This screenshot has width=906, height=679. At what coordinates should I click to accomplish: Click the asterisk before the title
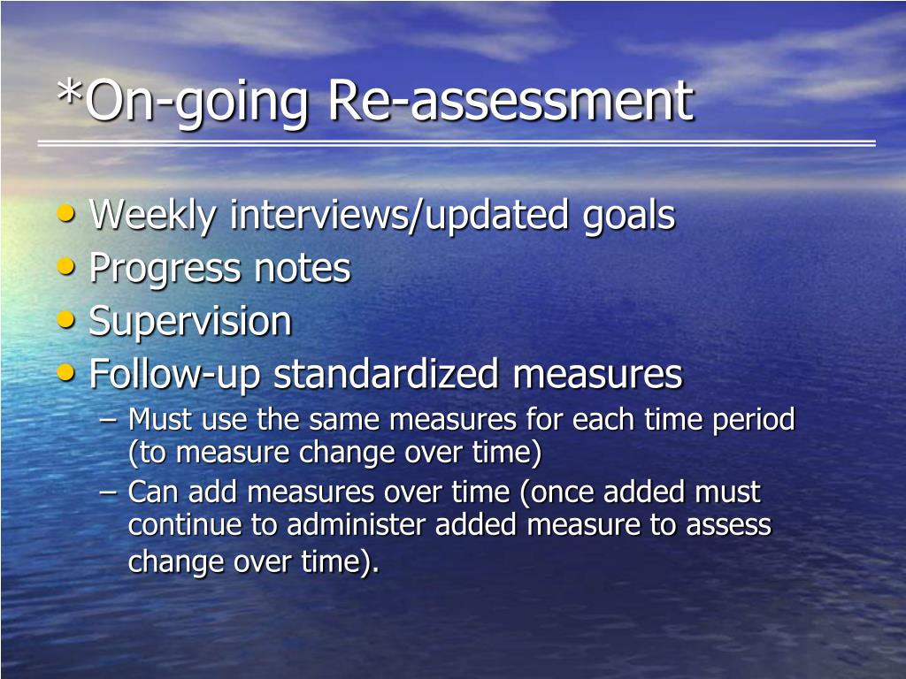(x=69, y=92)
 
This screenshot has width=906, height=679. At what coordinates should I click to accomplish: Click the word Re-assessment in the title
(x=511, y=101)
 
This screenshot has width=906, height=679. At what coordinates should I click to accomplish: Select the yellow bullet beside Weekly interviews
(x=66, y=213)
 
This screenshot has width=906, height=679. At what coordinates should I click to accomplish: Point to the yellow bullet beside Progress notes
(x=66, y=266)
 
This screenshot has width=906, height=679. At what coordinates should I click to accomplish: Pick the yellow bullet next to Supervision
(x=66, y=319)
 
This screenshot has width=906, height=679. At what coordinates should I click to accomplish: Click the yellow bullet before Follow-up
(x=66, y=372)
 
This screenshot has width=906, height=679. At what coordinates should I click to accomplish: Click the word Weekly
(x=152, y=217)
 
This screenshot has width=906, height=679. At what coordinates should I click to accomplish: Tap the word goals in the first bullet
(x=629, y=218)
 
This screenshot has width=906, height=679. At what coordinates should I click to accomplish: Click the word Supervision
(x=190, y=322)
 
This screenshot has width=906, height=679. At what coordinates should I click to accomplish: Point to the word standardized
(x=386, y=374)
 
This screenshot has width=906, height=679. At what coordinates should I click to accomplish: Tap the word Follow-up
(x=175, y=375)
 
